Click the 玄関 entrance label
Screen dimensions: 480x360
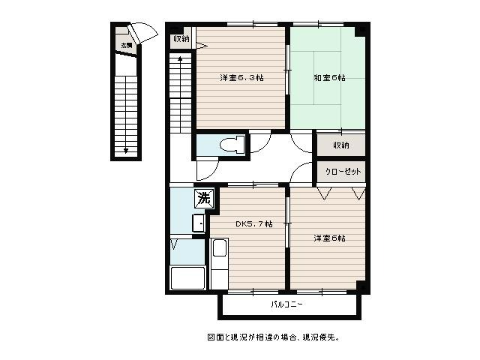(x=126, y=46)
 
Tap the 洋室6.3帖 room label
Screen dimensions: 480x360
(x=241, y=78)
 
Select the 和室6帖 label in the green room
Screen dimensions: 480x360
(x=329, y=78)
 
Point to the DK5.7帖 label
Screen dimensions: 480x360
(x=254, y=224)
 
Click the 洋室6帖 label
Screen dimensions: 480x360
(x=329, y=238)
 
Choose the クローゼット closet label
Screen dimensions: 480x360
(x=343, y=172)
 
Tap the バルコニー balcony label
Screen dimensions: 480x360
(x=287, y=304)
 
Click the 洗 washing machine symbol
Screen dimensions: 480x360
(x=204, y=198)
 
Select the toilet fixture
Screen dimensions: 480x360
(x=232, y=145)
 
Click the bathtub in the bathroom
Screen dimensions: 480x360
(x=188, y=278)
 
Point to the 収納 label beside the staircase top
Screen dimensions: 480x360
(x=181, y=39)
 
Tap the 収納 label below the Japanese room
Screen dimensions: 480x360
(x=341, y=145)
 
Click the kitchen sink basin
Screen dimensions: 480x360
(x=220, y=247)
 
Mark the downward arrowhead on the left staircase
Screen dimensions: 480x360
(x=126, y=151)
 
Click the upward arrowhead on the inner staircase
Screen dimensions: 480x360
(x=180, y=58)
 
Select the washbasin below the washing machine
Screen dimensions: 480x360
(x=198, y=223)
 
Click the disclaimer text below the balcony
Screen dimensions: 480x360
(x=273, y=337)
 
